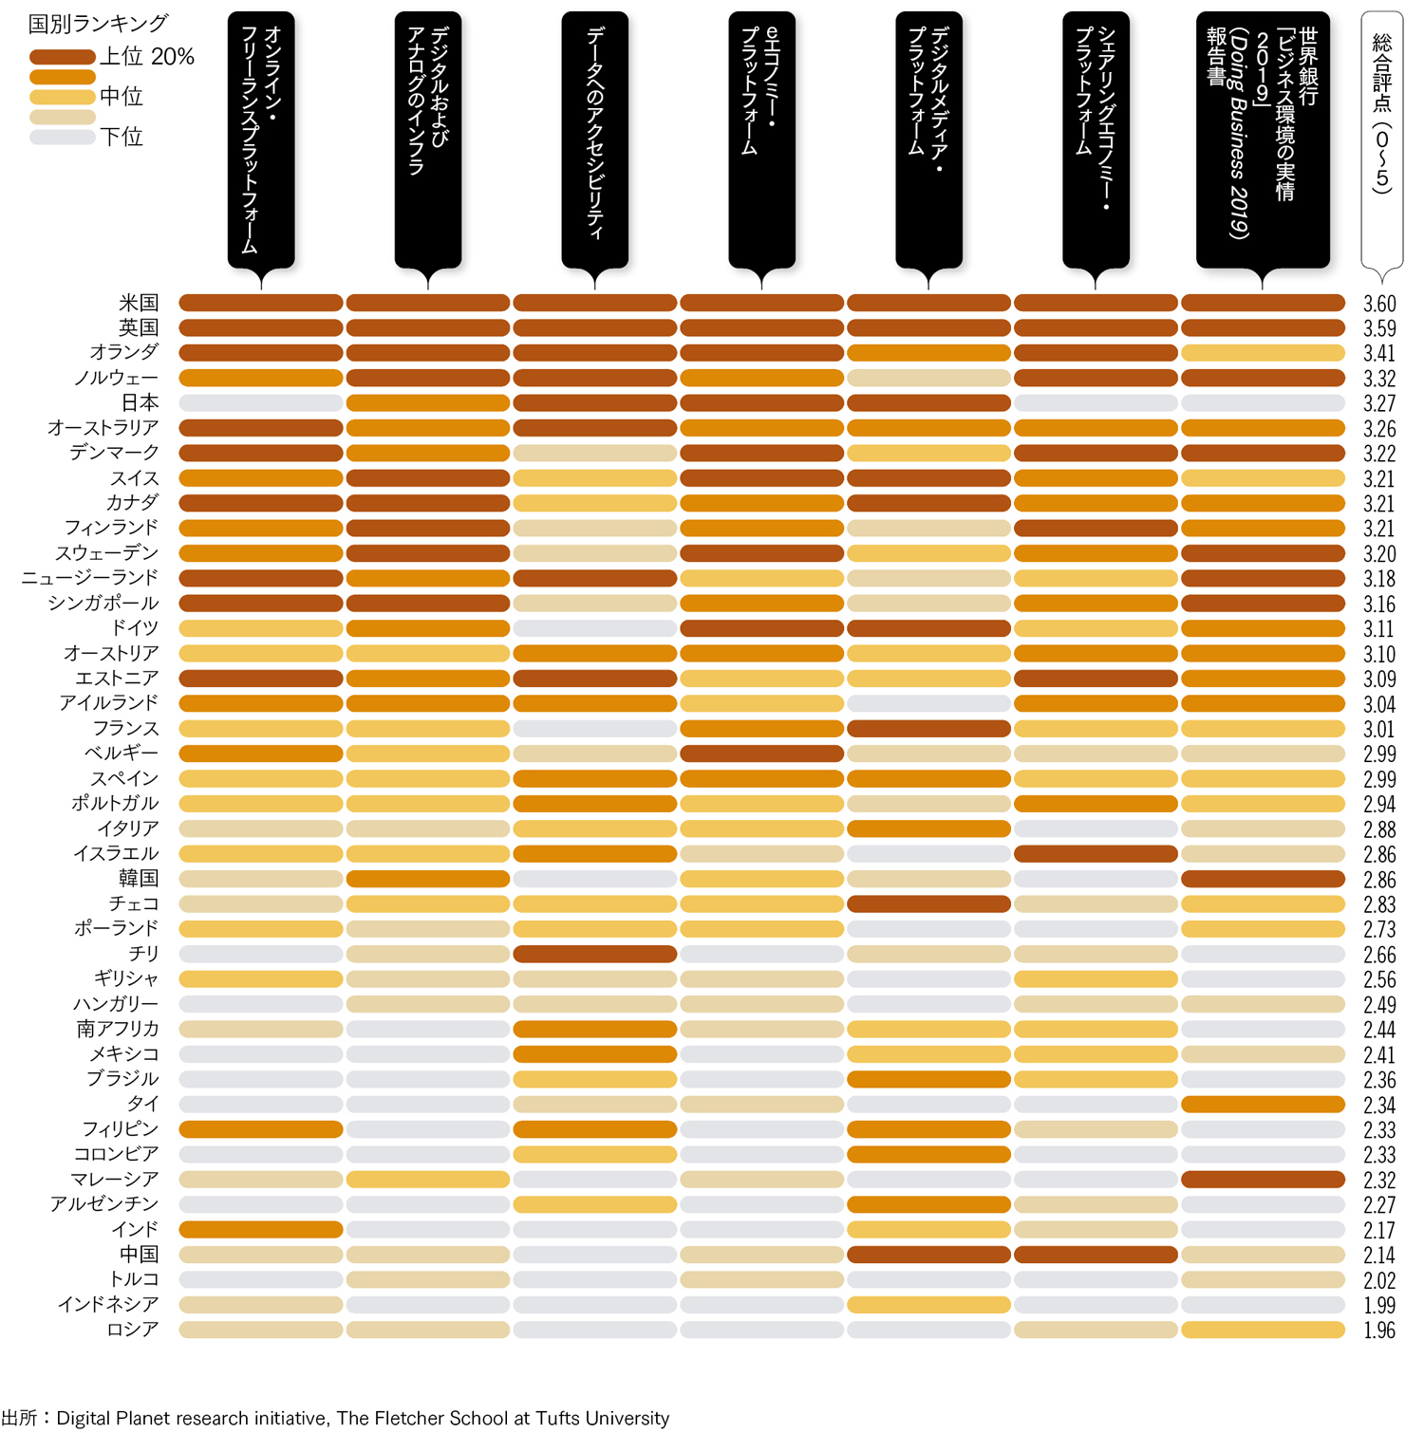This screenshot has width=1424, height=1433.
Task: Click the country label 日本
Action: (x=140, y=402)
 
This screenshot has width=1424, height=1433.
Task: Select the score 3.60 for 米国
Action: (x=1379, y=304)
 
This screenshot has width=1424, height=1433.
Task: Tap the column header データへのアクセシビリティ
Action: (x=595, y=140)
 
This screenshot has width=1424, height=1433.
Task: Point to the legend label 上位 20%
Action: (x=147, y=57)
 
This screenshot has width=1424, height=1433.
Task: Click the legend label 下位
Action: (x=122, y=137)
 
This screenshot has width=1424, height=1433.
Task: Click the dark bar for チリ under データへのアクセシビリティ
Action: (x=595, y=954)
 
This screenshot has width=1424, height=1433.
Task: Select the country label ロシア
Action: (x=132, y=1330)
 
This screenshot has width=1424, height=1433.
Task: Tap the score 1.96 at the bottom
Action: (x=1379, y=1331)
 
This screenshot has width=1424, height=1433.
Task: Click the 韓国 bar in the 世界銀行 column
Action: (x=1263, y=879)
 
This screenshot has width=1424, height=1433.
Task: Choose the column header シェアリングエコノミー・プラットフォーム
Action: (x=1096, y=140)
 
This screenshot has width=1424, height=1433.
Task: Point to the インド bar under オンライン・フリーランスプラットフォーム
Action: (x=261, y=1230)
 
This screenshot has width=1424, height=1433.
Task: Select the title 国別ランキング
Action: (x=99, y=23)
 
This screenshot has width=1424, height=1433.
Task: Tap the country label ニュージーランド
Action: (x=90, y=578)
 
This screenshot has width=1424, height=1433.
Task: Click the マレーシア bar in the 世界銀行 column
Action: (x=1263, y=1180)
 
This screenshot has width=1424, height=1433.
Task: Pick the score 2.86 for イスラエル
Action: (x=1379, y=854)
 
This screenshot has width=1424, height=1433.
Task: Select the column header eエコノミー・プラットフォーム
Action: (x=761, y=140)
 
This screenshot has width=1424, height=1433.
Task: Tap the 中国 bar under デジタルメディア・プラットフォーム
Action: (x=928, y=1255)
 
